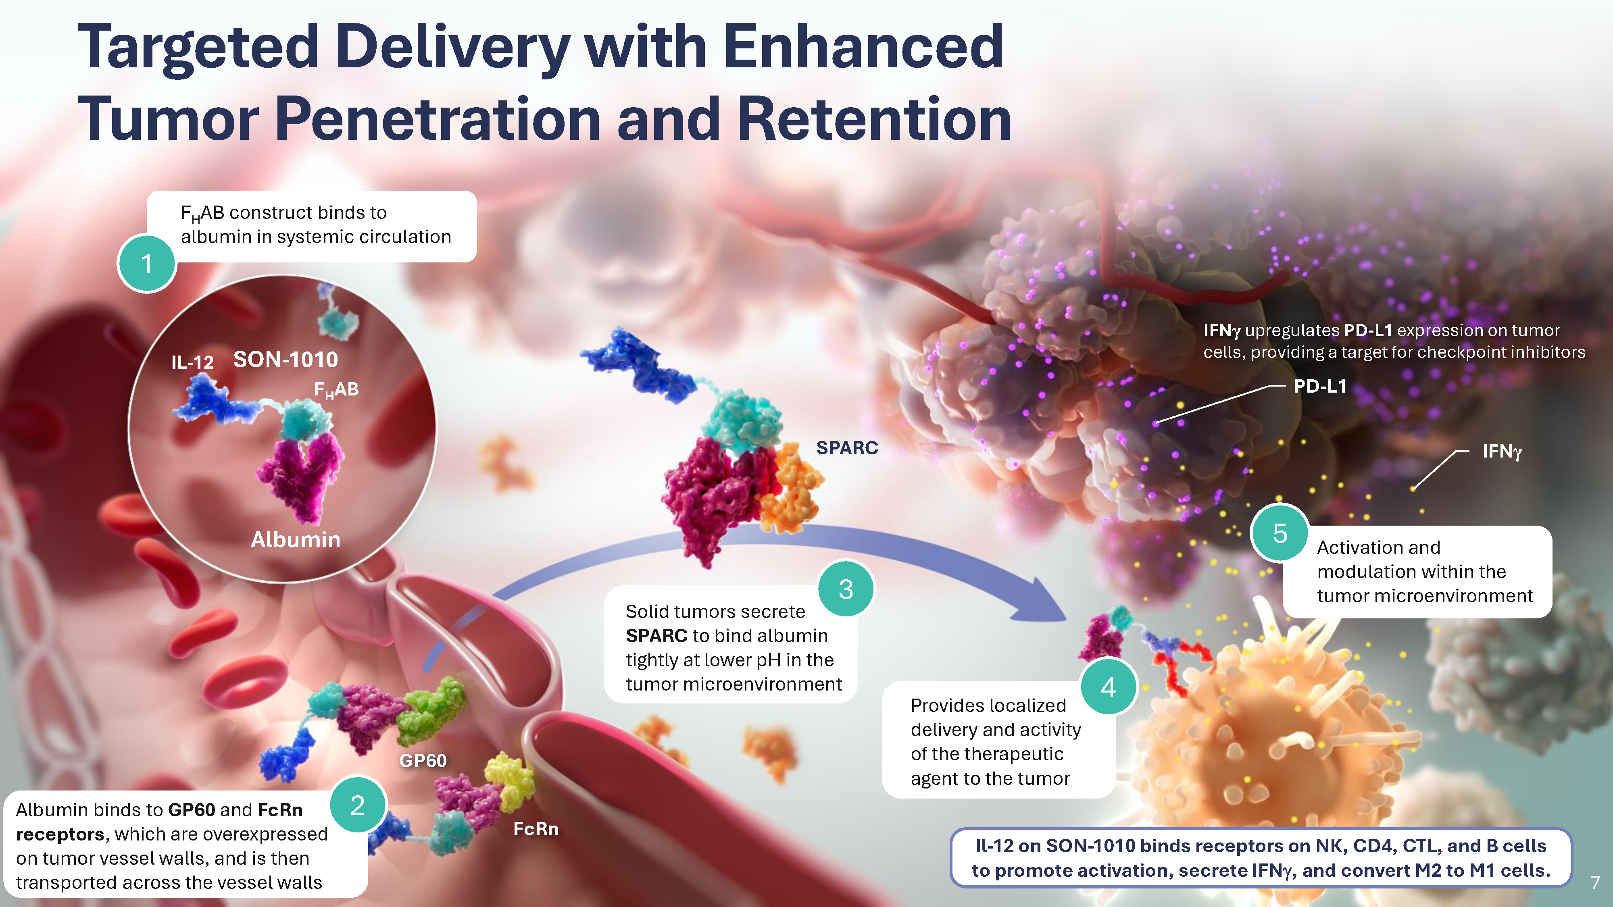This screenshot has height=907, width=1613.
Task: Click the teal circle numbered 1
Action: (146, 264)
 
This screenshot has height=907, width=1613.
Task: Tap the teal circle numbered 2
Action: (358, 805)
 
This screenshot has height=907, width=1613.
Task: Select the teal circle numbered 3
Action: (846, 589)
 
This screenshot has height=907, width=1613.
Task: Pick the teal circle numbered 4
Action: (1108, 686)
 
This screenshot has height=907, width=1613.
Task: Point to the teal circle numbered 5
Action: (1280, 533)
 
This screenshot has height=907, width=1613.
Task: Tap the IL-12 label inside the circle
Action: (192, 362)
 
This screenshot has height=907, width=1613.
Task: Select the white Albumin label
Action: (296, 540)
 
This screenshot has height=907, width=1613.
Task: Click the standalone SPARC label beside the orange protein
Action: (846, 447)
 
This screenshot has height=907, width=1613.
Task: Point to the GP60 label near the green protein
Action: (423, 761)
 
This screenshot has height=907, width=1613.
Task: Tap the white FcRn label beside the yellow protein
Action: (536, 829)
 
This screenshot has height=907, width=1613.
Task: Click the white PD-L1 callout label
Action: (1320, 386)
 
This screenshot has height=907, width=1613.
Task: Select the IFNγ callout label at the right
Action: (1502, 451)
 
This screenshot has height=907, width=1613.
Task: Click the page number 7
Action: (1595, 882)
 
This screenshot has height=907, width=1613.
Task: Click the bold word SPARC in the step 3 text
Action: (656, 636)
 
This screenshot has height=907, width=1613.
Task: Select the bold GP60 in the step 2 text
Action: (192, 810)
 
